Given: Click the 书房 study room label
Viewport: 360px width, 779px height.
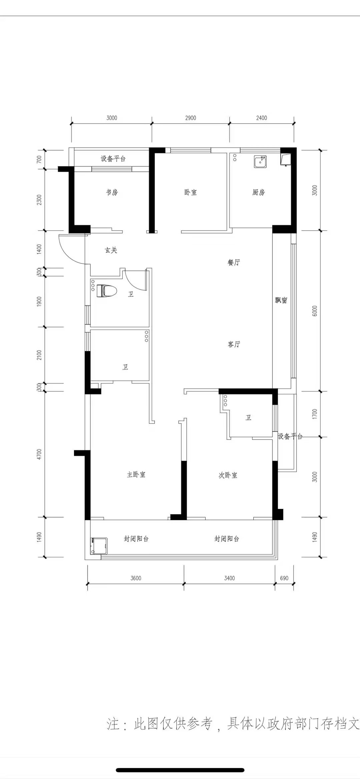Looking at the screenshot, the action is click(x=112, y=192).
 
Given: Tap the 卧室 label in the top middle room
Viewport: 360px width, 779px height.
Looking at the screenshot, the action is click(x=190, y=192).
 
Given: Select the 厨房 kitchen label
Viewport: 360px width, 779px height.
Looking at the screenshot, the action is click(x=259, y=192).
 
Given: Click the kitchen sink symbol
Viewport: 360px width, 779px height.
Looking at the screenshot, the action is click(x=260, y=161).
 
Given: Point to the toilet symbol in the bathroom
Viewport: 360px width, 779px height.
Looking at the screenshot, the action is click(x=107, y=291).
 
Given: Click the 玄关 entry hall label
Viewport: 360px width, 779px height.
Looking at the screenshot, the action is click(x=111, y=250).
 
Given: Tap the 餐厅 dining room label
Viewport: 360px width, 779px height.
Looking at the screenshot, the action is click(x=234, y=262).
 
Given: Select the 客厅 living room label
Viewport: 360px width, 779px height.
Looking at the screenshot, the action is click(x=234, y=344).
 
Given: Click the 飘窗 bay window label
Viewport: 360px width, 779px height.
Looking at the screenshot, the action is click(x=281, y=300).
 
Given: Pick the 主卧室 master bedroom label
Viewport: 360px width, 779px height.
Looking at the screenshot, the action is click(x=136, y=475).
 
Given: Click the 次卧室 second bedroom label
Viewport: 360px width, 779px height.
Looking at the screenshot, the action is click(x=228, y=475).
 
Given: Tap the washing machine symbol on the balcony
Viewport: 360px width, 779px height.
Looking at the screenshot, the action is click(x=99, y=546).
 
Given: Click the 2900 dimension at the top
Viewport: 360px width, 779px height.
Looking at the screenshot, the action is click(x=191, y=118).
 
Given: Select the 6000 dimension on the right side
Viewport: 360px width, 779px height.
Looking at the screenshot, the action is click(x=315, y=311).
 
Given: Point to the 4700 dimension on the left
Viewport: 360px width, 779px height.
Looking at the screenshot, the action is click(x=39, y=454).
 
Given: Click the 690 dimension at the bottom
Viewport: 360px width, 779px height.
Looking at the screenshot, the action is click(x=284, y=578).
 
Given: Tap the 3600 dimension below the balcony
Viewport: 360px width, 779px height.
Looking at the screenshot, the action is click(x=136, y=578).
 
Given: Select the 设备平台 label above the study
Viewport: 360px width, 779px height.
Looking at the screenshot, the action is click(x=113, y=159).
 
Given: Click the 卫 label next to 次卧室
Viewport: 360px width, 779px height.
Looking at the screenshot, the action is click(x=248, y=418).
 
